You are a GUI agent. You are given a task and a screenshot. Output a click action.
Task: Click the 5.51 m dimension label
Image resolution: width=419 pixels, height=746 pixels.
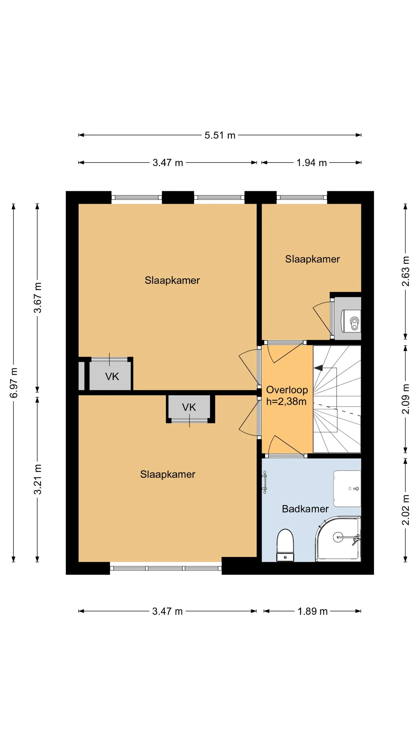pyautogui.click(x=220, y=135)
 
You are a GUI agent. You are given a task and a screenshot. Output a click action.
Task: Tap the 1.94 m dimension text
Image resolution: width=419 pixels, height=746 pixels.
pyautogui.click(x=311, y=163)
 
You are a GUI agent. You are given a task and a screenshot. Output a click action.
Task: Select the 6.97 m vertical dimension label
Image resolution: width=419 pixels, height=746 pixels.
pyautogui.click(x=14, y=383)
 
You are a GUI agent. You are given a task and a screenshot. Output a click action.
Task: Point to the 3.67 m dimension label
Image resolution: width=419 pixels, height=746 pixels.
pyautogui.click(x=38, y=298)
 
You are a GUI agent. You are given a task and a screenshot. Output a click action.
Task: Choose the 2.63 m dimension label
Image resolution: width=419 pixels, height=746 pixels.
pyautogui.click(x=406, y=271)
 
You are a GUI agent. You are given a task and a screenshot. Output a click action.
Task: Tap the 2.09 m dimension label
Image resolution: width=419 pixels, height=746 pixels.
pyautogui.click(x=406, y=399)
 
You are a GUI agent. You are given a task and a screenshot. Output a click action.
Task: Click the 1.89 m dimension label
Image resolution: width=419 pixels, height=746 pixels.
pyautogui.click(x=312, y=611)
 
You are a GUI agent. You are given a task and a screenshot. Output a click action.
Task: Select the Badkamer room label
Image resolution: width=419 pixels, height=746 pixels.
pyautogui.click(x=305, y=509)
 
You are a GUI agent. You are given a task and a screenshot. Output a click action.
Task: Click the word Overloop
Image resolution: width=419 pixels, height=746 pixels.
pyautogui.click(x=287, y=390)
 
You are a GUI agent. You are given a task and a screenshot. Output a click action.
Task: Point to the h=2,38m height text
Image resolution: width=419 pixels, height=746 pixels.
pyautogui.click(x=286, y=402)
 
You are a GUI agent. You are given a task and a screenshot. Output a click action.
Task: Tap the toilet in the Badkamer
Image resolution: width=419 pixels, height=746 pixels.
pyautogui.click(x=285, y=545)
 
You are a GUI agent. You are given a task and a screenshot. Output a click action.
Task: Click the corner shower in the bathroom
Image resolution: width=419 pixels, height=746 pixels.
pyautogui.click(x=338, y=539)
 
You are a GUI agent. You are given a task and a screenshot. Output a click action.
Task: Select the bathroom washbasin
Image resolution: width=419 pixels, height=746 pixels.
pyautogui.click(x=347, y=489)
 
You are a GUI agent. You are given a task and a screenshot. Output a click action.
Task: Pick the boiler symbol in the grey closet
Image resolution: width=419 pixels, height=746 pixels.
pyautogui.click(x=351, y=321)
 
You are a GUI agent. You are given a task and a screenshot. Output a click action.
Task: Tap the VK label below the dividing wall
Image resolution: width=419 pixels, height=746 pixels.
pyautogui.click(x=189, y=407)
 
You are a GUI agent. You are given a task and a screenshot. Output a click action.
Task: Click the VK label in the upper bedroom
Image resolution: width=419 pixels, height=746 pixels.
pyautogui.click(x=112, y=376)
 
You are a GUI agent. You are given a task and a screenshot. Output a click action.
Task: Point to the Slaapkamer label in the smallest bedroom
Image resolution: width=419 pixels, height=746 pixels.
pyautogui.click(x=313, y=259)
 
